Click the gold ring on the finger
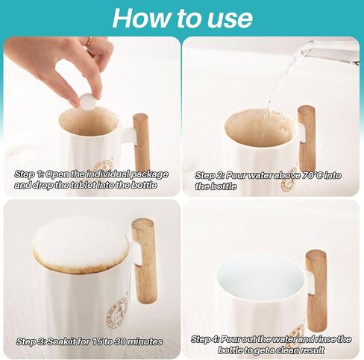(x=89, y=41)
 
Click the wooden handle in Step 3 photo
(x=143, y=262)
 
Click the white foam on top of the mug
(x=81, y=244)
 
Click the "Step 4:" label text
(x=205, y=339)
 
